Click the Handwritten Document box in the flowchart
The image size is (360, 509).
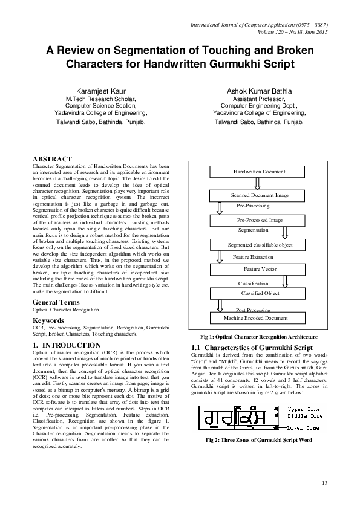[259, 172]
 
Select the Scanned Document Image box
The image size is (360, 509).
[260, 195]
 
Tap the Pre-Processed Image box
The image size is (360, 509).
[260, 221]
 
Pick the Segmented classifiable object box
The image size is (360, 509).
[260, 245]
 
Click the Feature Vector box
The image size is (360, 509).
[260, 268]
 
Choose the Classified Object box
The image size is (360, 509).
[260, 293]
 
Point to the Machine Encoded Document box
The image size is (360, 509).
[255, 317]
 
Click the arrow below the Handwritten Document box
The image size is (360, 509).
[257, 183]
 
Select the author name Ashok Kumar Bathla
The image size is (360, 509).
[260, 89]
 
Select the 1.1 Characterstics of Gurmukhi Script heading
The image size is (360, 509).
[251, 348]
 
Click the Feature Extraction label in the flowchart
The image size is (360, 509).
[253, 257]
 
